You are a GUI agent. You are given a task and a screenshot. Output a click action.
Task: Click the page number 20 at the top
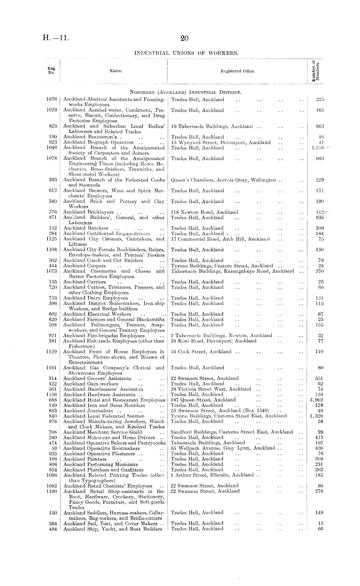185,39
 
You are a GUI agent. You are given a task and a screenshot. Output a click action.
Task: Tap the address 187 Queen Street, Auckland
203,400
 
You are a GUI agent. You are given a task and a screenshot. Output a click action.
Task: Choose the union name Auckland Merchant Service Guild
102,432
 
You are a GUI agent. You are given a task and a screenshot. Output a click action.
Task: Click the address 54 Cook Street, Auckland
201,352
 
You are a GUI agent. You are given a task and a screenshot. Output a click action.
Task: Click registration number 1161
52,368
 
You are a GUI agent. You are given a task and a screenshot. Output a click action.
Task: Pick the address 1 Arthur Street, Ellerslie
212,475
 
